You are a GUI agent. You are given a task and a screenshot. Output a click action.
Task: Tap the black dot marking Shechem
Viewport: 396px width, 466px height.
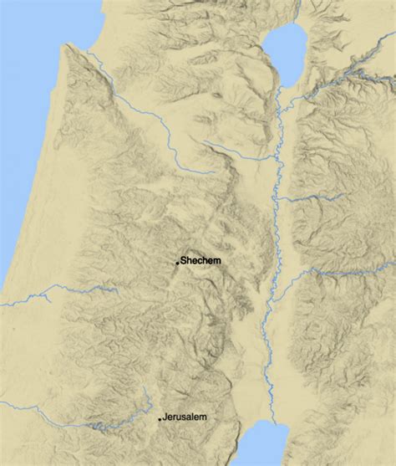(x=177, y=264)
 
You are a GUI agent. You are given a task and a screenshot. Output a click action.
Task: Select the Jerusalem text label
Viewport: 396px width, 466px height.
(x=185, y=417)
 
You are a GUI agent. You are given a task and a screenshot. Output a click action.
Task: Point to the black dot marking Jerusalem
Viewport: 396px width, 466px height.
(x=160, y=418)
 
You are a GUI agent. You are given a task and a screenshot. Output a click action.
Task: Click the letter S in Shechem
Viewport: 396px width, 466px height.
(x=183, y=261)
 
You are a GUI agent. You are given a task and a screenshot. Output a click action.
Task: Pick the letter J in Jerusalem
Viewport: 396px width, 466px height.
(x=165, y=417)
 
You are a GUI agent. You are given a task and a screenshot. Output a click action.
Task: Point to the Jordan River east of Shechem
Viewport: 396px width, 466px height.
(x=269, y=268)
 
